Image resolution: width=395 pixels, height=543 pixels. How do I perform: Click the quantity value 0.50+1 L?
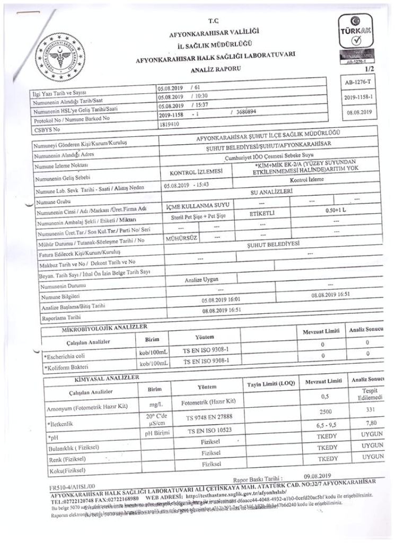pyautogui.click(x=337, y=211)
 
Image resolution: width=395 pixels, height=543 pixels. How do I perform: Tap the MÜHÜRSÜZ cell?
pyautogui.click(x=181, y=239)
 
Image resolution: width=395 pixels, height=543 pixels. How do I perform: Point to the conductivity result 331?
pyautogui.click(x=369, y=411)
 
